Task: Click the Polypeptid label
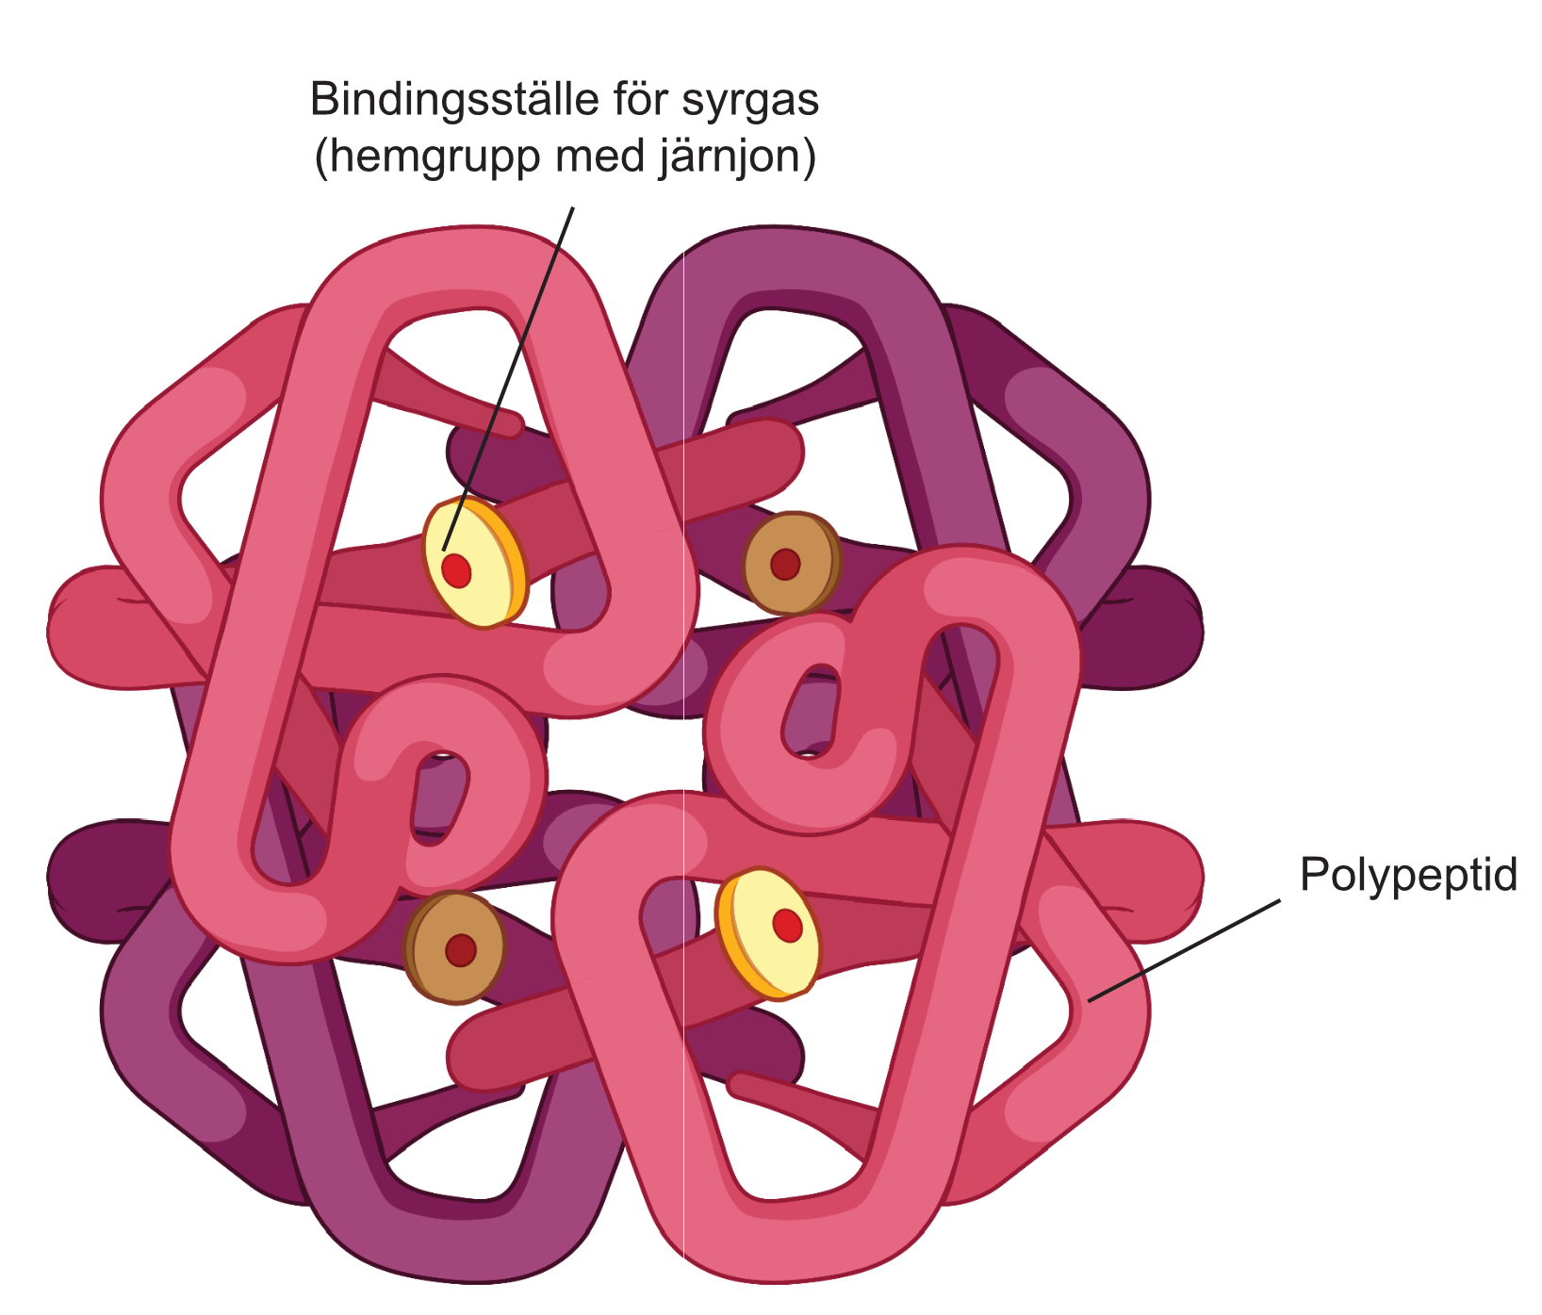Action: click(x=1408, y=876)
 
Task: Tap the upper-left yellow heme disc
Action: click(x=473, y=564)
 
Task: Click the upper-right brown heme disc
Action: click(x=792, y=563)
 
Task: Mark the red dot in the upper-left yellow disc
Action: click(x=456, y=569)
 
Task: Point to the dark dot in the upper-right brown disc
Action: click(x=785, y=564)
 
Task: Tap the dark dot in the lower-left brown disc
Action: click(x=461, y=950)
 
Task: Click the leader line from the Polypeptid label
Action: click(x=1185, y=950)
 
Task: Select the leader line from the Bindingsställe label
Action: click(x=508, y=378)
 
